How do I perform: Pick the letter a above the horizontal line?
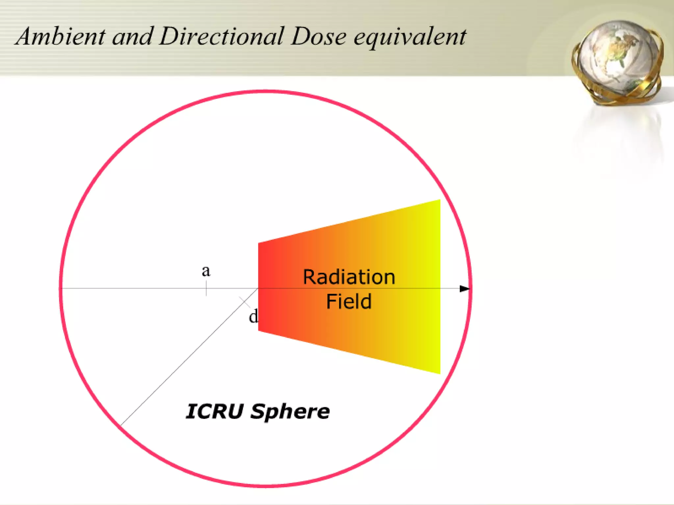[x=206, y=271]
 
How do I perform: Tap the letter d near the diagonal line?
[x=253, y=317]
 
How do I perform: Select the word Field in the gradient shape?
[x=349, y=301]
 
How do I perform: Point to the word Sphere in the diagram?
[x=290, y=412]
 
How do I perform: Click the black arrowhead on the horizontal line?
[x=464, y=289]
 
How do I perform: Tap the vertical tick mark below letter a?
[x=206, y=289]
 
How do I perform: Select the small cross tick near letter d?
[x=245, y=302]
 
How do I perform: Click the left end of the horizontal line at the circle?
[x=62, y=288]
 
